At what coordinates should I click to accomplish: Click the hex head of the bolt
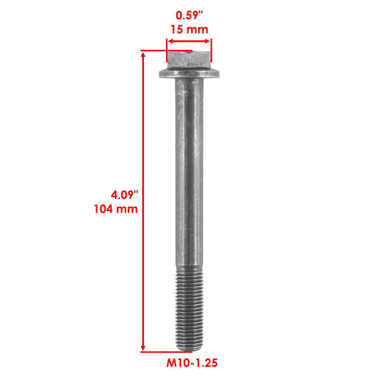coord(189,60)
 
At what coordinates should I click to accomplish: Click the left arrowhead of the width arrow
coord(170,41)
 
